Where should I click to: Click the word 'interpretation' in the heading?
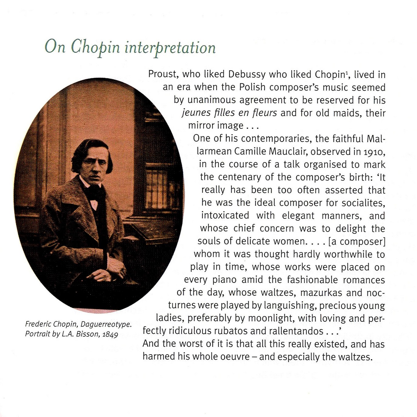pyautogui.click(x=170, y=48)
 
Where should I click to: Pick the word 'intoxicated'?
pyautogui.click(x=225, y=215)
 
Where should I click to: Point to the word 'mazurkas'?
pyautogui.click(x=317, y=292)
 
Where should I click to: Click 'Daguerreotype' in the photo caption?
pyautogui.click(x=106, y=325)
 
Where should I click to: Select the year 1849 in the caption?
pyautogui.click(x=110, y=334)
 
